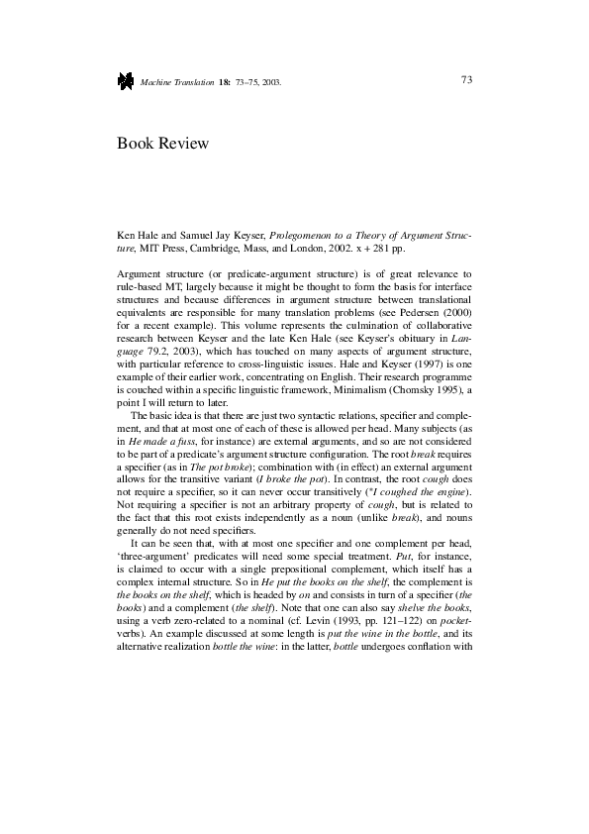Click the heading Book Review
[x=163, y=144]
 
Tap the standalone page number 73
[x=466, y=80]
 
